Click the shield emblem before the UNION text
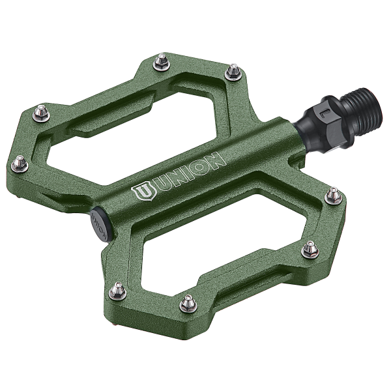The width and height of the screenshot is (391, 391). (141, 193)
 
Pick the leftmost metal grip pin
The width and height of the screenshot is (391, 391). (20, 164)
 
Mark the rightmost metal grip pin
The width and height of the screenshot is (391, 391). (333, 195)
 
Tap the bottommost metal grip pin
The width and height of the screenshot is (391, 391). (188, 303)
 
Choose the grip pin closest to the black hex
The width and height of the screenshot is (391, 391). (233, 72)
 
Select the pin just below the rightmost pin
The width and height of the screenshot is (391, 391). (310, 250)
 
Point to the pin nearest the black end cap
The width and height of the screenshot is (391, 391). (117, 291)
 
